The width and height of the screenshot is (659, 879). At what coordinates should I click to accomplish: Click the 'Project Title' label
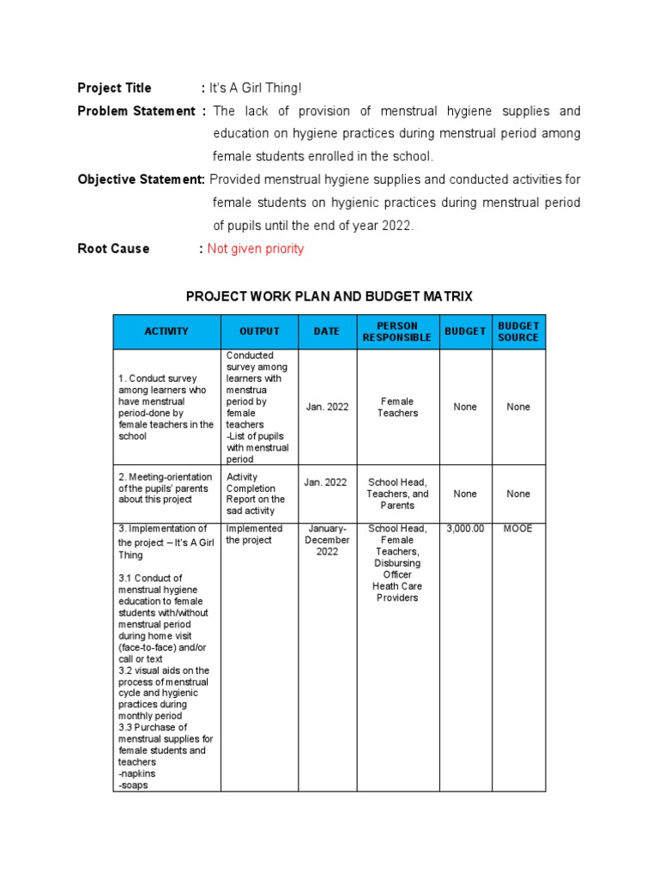point(114,88)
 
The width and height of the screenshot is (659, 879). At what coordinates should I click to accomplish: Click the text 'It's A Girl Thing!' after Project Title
point(256,88)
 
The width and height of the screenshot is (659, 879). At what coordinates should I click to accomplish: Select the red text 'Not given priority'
point(256,249)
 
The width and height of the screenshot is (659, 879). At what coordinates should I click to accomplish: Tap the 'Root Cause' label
point(113,249)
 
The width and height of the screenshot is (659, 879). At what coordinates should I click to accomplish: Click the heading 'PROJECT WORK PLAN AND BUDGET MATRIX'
point(329,297)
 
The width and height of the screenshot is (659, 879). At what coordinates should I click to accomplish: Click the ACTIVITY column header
point(166,331)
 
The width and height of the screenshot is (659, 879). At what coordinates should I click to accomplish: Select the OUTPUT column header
point(258,331)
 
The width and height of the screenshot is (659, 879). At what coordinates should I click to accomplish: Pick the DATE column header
point(326,331)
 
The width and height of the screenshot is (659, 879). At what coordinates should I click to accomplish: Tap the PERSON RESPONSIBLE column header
point(396,331)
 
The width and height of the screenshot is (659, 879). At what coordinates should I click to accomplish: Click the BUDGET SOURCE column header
point(518,331)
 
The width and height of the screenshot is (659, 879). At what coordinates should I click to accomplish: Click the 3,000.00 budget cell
point(465,529)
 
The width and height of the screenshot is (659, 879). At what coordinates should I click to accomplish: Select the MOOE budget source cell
point(518,529)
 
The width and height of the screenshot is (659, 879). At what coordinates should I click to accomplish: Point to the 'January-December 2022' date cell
point(327,540)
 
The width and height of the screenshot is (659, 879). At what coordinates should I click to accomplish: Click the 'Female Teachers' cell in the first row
point(397,407)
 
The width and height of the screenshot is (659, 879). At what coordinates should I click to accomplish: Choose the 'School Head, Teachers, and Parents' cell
point(397,494)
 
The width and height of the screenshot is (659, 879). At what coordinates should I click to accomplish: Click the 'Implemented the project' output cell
point(254,534)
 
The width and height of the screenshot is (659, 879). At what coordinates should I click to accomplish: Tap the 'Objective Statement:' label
point(141,179)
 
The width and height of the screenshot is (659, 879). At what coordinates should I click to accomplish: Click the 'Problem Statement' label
point(136,112)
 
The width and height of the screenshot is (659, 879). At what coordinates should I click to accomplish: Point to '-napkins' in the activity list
point(137,773)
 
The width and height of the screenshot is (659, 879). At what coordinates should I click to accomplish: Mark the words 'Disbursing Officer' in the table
point(397,569)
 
